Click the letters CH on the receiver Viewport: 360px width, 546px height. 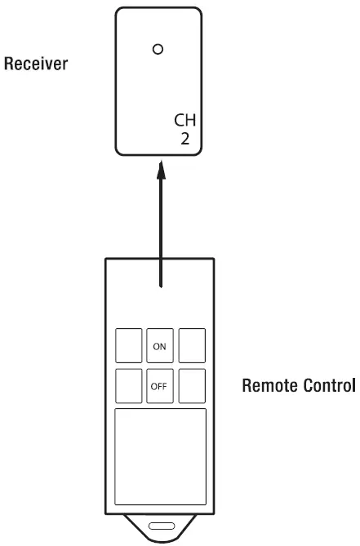click(187, 121)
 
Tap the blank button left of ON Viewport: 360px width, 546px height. click(128, 344)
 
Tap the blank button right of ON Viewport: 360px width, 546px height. click(192, 344)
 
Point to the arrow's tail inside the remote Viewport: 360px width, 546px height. click(160, 286)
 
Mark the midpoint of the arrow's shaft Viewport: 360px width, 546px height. click(160, 229)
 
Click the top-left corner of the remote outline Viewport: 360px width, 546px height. click(105, 258)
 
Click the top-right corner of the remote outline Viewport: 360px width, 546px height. click(215, 258)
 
